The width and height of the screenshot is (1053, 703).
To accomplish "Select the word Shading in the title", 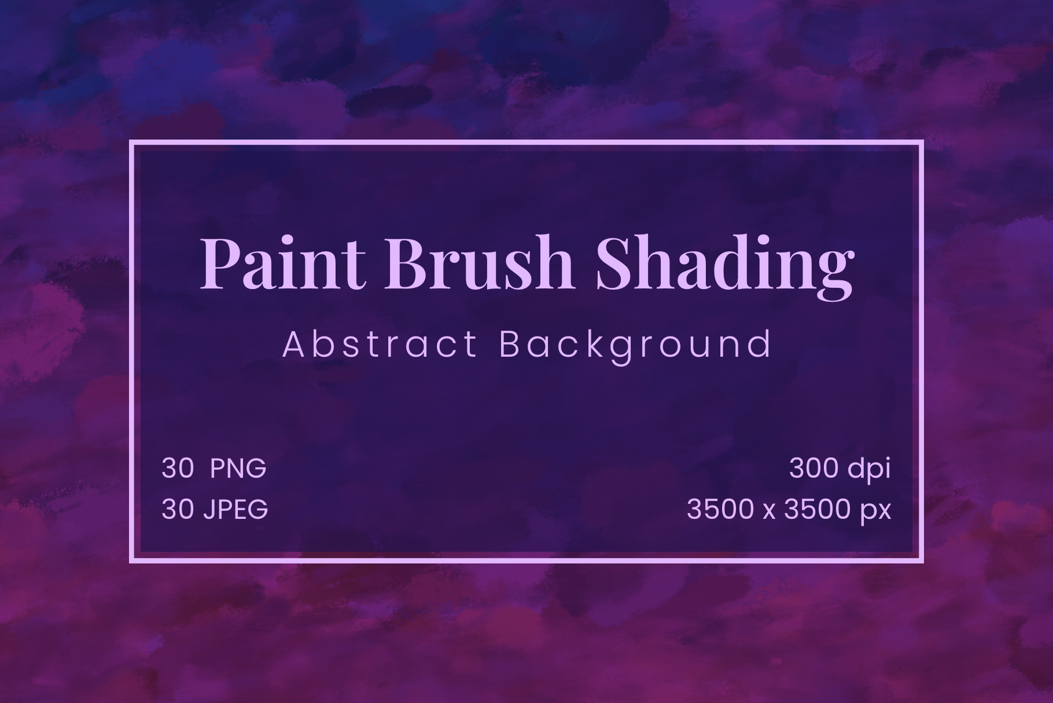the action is click(x=724, y=266).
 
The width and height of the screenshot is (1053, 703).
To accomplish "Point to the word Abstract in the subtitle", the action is click(x=380, y=345).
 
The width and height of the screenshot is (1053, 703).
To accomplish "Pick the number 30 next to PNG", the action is click(x=177, y=468).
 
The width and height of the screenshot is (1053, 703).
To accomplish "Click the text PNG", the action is click(x=238, y=468).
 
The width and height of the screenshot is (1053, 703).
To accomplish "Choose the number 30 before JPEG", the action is click(x=177, y=510).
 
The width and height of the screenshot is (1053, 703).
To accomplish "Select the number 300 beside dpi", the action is click(x=815, y=468).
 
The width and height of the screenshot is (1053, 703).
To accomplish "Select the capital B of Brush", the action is click(x=407, y=263).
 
